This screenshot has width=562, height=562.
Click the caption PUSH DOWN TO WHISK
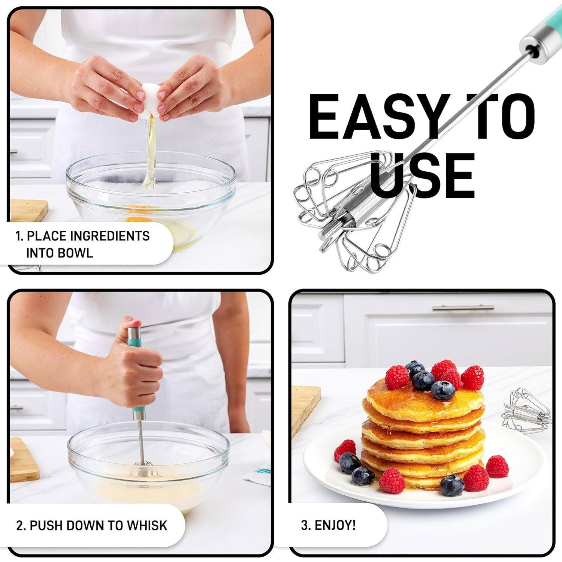(x=92, y=525)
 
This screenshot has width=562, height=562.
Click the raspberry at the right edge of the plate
(x=497, y=466)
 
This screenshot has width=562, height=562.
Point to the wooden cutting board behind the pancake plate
(x=305, y=408)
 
